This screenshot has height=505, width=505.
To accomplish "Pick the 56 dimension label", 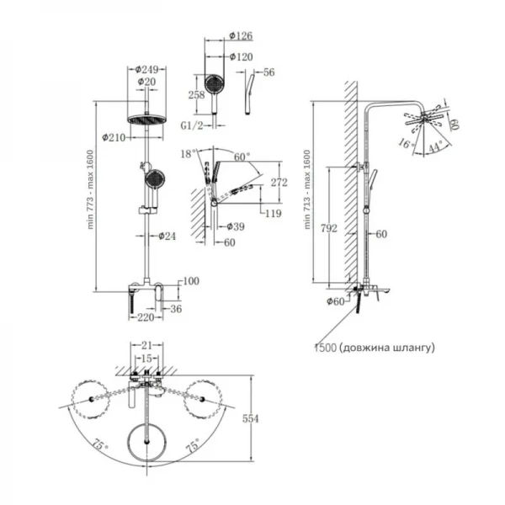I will coord(270,72).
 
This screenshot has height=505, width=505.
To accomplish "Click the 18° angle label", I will coord(188,152).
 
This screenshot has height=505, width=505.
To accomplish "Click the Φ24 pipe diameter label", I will coord(168,236).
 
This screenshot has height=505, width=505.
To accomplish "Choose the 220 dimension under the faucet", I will coord(147,318).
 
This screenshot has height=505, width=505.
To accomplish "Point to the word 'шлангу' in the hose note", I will coord(413,346).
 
